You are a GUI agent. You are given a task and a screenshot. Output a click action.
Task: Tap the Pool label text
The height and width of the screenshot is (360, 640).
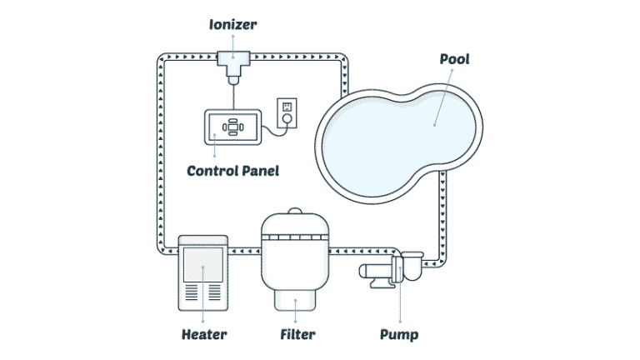click(x=453, y=59)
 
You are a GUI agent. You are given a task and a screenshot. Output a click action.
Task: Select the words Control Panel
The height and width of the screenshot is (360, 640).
click(x=232, y=171)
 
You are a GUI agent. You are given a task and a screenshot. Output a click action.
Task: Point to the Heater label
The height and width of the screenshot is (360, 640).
click(x=203, y=336)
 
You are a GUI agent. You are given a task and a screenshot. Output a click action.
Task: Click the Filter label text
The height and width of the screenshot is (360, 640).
click(x=297, y=336)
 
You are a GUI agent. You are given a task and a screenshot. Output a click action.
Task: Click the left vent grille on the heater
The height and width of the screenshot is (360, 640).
click(x=193, y=294)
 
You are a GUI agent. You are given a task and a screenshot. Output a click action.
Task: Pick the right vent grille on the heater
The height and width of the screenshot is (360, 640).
click(x=215, y=294)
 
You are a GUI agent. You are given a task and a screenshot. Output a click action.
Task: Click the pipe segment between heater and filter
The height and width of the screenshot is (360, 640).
click(x=244, y=247)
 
